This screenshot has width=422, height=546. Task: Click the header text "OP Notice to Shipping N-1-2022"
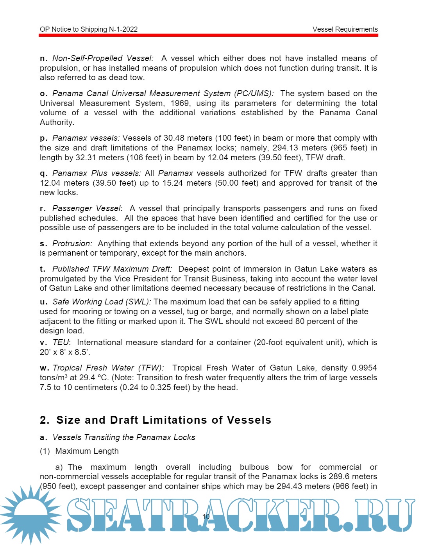pyautogui.click(x=89, y=29)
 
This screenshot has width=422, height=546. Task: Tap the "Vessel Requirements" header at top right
pyautogui.click(x=345, y=29)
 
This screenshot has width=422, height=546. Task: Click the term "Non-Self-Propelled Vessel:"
pyautogui.click(x=103, y=59)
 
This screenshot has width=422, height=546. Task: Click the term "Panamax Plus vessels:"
pyautogui.click(x=97, y=173)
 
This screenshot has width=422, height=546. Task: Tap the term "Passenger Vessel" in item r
pyautogui.click(x=86, y=208)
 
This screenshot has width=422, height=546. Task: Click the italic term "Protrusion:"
pyautogui.click(x=72, y=243)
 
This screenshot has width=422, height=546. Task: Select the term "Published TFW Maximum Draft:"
pyautogui.click(x=112, y=269)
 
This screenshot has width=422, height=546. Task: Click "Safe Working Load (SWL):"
pyautogui.click(x=102, y=302)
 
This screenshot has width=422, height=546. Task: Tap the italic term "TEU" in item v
pyautogui.click(x=61, y=342)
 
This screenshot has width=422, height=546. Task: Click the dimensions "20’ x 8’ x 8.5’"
pyautogui.click(x=65, y=352)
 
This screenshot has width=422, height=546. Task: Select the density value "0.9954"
pyautogui.click(x=364, y=368)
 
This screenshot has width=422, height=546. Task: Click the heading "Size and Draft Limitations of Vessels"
pyautogui.click(x=164, y=420)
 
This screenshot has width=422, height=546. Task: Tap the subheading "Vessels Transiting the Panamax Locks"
pyautogui.click(x=124, y=437)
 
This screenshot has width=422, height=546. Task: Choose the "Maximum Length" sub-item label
pyautogui.click(x=87, y=451)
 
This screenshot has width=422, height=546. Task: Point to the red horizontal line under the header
pyautogui.click(x=208, y=35)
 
